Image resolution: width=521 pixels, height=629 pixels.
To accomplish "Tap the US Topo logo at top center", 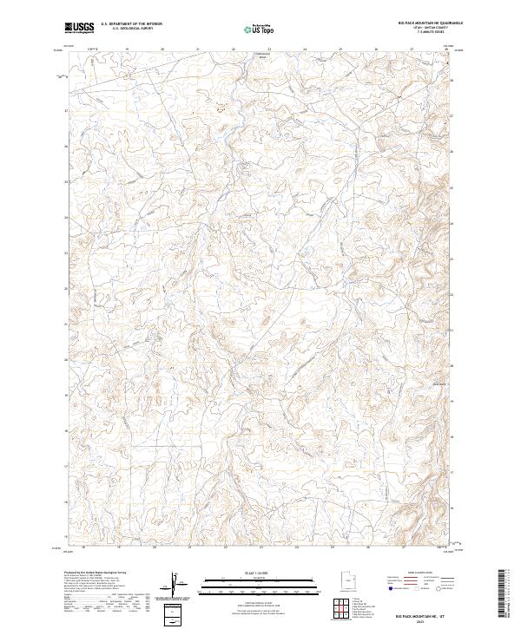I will click(x=254, y=29).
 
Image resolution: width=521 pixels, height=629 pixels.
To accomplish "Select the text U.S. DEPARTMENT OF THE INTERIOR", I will click(x=131, y=23).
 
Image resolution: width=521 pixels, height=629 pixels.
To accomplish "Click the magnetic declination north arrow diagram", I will click(x=178, y=585).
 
